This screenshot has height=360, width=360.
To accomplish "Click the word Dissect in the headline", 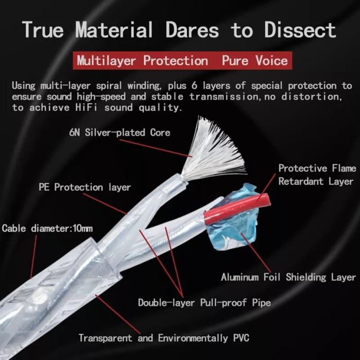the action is click(300, 30).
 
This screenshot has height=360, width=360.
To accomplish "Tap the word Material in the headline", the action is click(114, 30).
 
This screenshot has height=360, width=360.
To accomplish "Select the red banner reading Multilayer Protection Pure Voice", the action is click(182, 61).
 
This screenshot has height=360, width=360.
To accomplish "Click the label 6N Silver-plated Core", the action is click(119, 133).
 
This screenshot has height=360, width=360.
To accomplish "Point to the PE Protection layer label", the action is click(85, 187).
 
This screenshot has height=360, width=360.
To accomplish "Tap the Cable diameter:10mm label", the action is click(47, 229).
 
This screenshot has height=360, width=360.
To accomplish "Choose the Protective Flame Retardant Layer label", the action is click(317, 175).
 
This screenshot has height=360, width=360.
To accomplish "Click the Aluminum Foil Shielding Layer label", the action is click(289, 277).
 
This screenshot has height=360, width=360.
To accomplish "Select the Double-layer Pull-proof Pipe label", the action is click(205, 303).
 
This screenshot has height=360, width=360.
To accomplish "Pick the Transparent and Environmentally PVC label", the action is click(164, 338).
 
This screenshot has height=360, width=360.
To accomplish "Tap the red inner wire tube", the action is click(236, 209).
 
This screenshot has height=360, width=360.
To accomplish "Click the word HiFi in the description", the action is click(86, 107).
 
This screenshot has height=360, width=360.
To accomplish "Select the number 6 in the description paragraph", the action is click(194, 86).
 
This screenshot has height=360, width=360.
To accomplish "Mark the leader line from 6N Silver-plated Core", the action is click(156, 148).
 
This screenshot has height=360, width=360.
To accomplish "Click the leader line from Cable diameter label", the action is click(33, 257).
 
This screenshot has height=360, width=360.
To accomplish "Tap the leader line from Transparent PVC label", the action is click(117, 314).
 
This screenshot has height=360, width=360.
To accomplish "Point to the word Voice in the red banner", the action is click(272, 61).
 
